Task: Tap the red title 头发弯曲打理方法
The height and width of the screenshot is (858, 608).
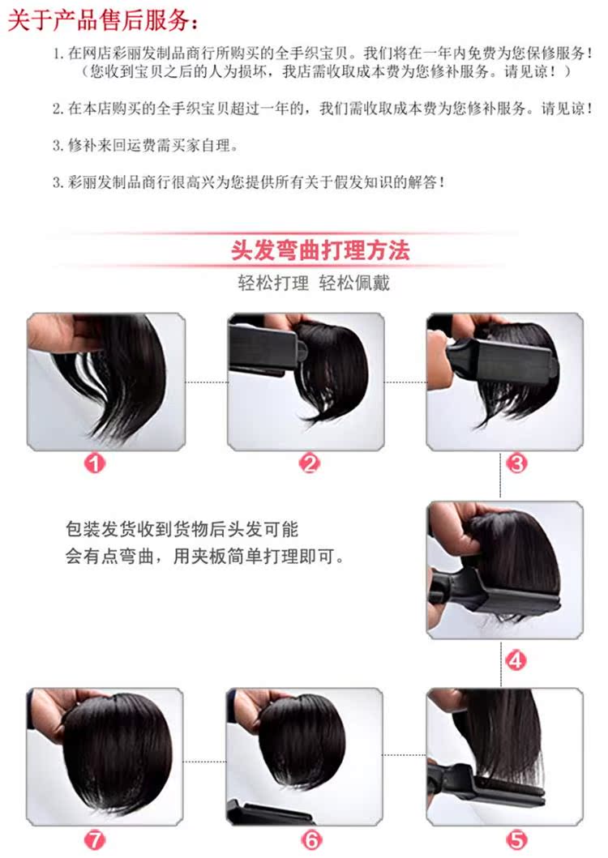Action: pos(320,249)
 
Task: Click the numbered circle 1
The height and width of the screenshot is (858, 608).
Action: pos(96,463)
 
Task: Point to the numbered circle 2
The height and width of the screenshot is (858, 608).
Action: pos(310,463)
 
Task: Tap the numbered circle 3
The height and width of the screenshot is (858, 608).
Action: pos(516,463)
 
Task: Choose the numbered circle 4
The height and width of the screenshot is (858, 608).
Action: pos(516,659)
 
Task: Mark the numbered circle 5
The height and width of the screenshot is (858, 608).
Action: pos(516,840)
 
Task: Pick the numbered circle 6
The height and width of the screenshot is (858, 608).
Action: pos(311,840)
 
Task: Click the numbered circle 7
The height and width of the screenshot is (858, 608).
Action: pos(96,840)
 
